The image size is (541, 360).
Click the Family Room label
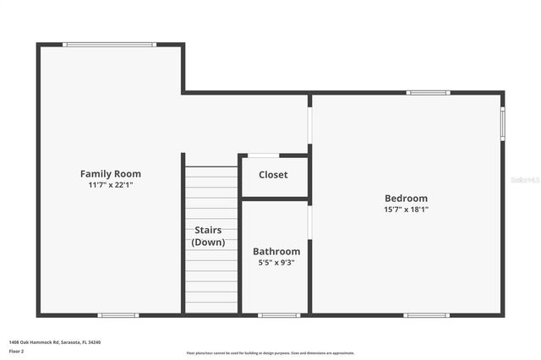(111, 174)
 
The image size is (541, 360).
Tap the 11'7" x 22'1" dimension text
(111, 184)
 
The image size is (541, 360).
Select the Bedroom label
(407, 199)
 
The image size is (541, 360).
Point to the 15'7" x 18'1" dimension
(407, 209)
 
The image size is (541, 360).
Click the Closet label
(273, 175)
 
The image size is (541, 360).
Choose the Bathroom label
(276, 251)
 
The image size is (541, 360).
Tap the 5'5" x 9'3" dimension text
(276, 262)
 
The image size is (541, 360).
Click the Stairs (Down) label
(208, 236)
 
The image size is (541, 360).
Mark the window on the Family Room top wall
(109, 45)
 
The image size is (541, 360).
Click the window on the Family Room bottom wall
(118, 315)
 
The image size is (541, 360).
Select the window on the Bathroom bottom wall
(279, 315)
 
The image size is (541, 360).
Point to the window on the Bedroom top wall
(428, 93)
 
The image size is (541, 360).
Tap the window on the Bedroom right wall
(502, 123)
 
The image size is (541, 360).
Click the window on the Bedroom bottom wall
(426, 315)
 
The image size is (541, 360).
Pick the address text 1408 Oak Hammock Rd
(55, 341)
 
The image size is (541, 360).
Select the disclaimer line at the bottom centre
(270, 353)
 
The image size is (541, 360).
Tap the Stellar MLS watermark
(525, 180)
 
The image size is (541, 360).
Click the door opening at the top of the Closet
(263, 155)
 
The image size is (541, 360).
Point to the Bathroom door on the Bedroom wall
(309, 222)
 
